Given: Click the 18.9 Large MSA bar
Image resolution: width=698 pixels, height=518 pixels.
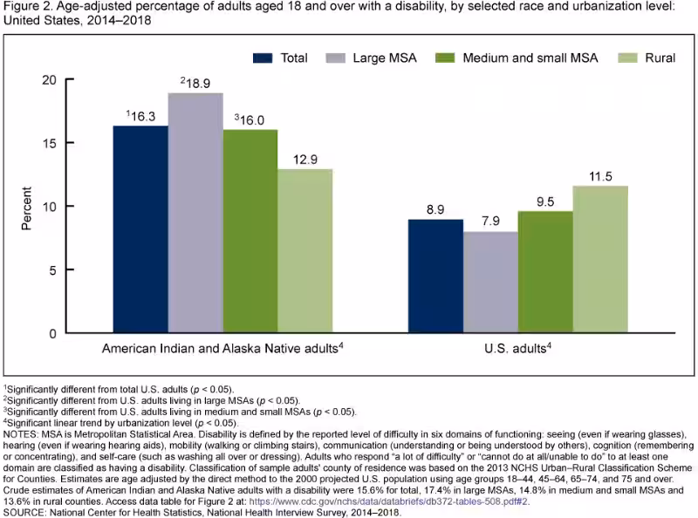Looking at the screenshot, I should pyautogui.click(x=195, y=214).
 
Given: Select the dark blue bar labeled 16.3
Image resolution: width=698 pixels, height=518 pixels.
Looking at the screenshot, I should pyautogui.click(x=140, y=230).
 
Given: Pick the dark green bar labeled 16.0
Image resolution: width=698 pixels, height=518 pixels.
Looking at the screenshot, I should pyautogui.click(x=250, y=232).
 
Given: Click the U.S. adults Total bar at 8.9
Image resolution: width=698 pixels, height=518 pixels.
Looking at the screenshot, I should pyautogui.click(x=435, y=276).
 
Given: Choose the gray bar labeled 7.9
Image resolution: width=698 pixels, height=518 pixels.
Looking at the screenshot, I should pyautogui.click(x=489, y=283).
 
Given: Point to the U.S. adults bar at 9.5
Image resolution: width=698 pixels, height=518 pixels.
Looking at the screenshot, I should pyautogui.click(x=544, y=272).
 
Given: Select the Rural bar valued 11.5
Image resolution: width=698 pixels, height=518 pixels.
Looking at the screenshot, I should pyautogui.click(x=599, y=260).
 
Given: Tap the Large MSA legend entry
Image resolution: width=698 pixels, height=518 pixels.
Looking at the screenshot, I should pyautogui.click(x=385, y=58).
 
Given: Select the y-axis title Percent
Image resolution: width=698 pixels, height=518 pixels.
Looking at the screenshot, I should pyautogui.click(x=26, y=207).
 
